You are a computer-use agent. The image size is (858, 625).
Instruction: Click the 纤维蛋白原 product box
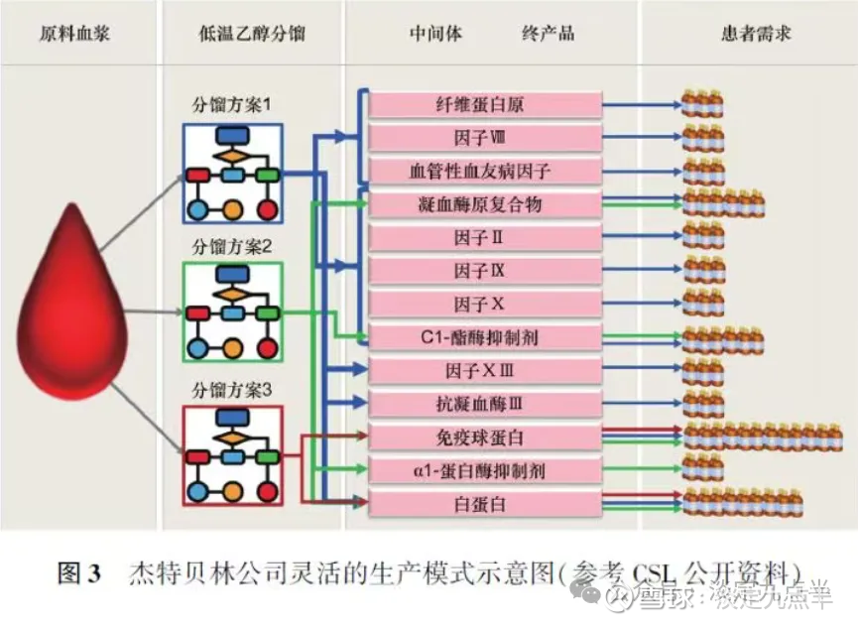tap(485, 104)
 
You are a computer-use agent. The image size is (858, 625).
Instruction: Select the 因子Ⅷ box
tap(485, 138)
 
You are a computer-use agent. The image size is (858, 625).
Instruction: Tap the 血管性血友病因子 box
tap(485, 172)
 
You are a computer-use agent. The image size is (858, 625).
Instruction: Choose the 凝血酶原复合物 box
tap(485, 204)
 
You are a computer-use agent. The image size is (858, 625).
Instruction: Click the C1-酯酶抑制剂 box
tap(485, 338)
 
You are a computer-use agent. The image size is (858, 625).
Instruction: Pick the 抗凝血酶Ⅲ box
tap(485, 405)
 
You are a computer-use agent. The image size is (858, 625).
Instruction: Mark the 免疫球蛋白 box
tap(485, 437)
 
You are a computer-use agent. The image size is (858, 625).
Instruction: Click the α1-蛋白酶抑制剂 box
tap(485, 471)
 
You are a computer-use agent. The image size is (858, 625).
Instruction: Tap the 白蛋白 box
tap(485, 504)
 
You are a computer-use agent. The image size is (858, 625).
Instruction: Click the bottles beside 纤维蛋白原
tap(702, 102)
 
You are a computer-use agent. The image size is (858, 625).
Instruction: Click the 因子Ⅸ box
tap(485, 271)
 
